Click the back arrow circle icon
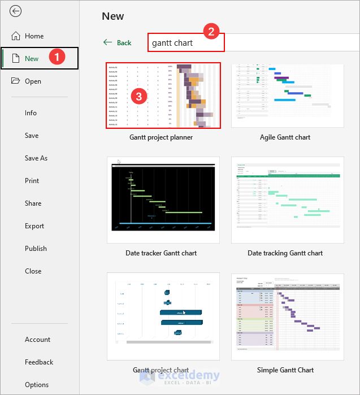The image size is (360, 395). click(x=16, y=11)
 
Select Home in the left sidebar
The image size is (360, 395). click(x=34, y=36)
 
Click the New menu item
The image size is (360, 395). click(x=32, y=59)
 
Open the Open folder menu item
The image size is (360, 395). click(x=33, y=81)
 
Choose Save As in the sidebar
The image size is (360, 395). click(x=36, y=158)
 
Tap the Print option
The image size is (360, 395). click(x=32, y=181)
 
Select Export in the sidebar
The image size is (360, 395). click(x=34, y=226)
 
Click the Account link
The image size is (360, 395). click(x=37, y=340)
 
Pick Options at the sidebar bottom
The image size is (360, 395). click(x=37, y=385)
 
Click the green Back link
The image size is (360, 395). click(x=118, y=43)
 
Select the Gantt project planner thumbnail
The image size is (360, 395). click(x=163, y=96)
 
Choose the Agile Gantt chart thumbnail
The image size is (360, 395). click(x=288, y=96)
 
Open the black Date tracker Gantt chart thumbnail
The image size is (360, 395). click(x=161, y=199)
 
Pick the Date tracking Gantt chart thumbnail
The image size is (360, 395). click(x=288, y=199)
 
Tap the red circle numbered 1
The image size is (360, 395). click(x=57, y=57)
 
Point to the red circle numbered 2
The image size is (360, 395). click(x=211, y=32)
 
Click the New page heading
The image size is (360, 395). click(x=113, y=16)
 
